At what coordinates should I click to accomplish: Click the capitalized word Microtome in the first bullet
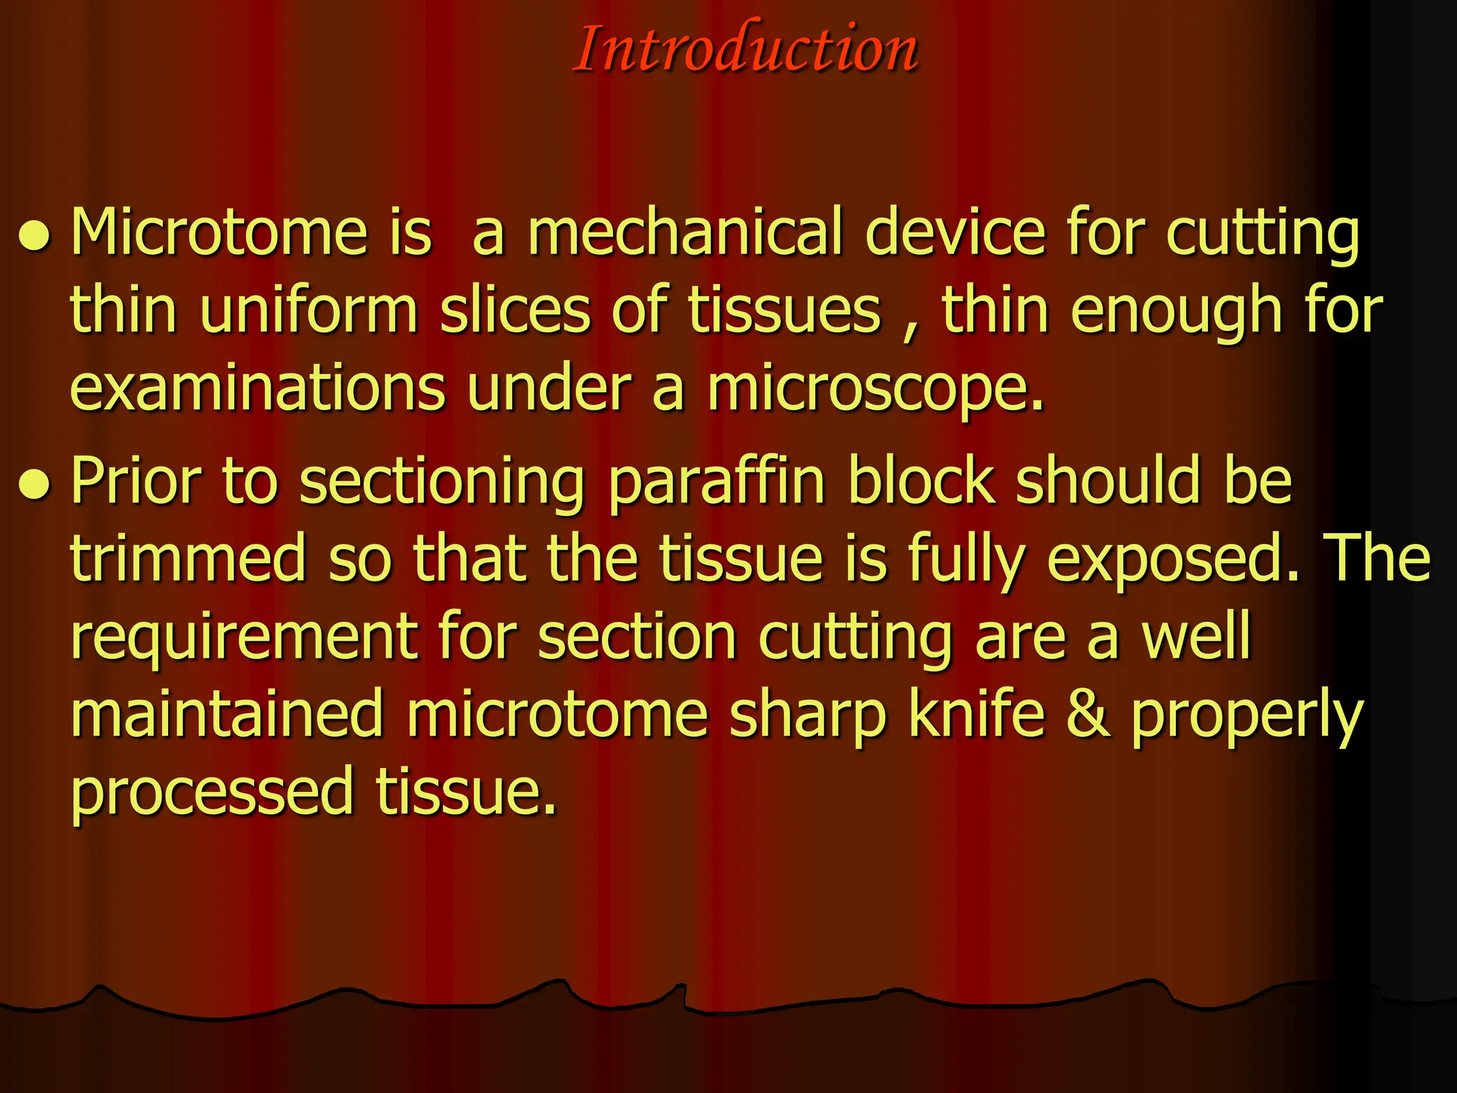tap(219, 232)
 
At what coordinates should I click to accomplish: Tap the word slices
tap(515, 310)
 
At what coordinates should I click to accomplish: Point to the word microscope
tap(875, 390)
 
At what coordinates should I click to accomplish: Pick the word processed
tap(212, 793)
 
